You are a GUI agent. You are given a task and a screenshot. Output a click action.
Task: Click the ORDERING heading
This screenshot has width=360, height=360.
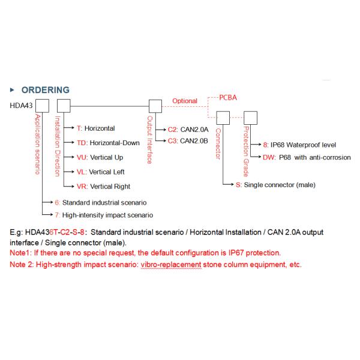pos(45,90)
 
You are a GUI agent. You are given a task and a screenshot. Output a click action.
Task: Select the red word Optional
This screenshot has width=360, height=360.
pos(185,101)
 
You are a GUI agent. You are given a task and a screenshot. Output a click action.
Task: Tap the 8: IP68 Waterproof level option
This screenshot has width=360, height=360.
pos(299,145)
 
